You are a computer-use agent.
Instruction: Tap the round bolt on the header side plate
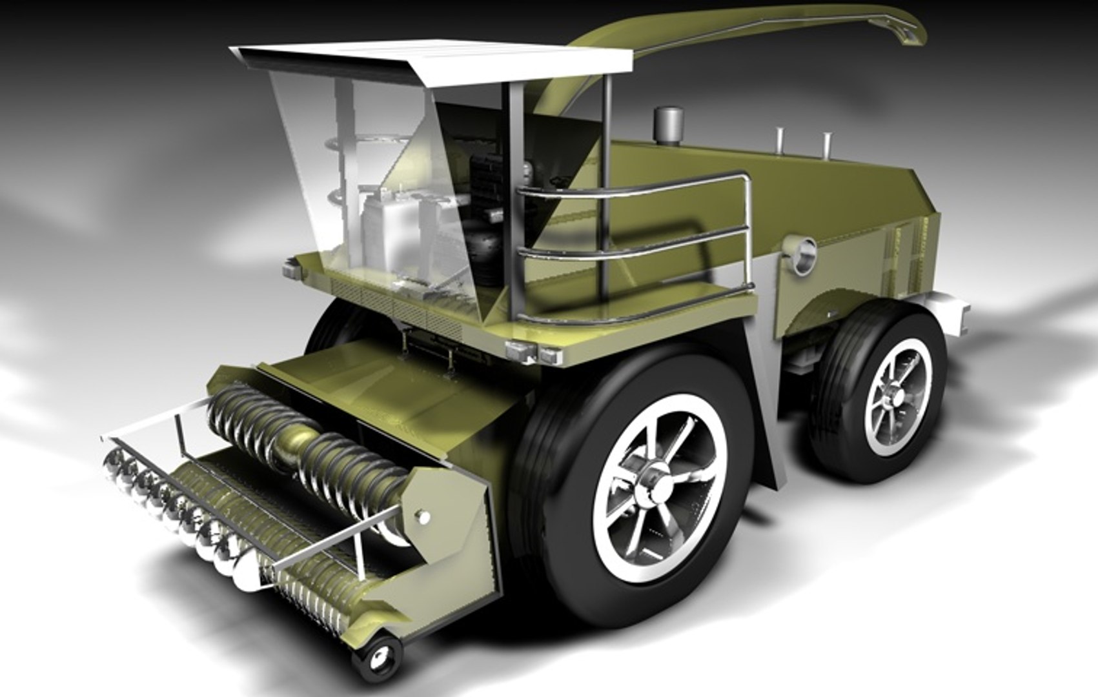[423, 516]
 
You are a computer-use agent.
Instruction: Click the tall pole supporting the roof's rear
[606, 194]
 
